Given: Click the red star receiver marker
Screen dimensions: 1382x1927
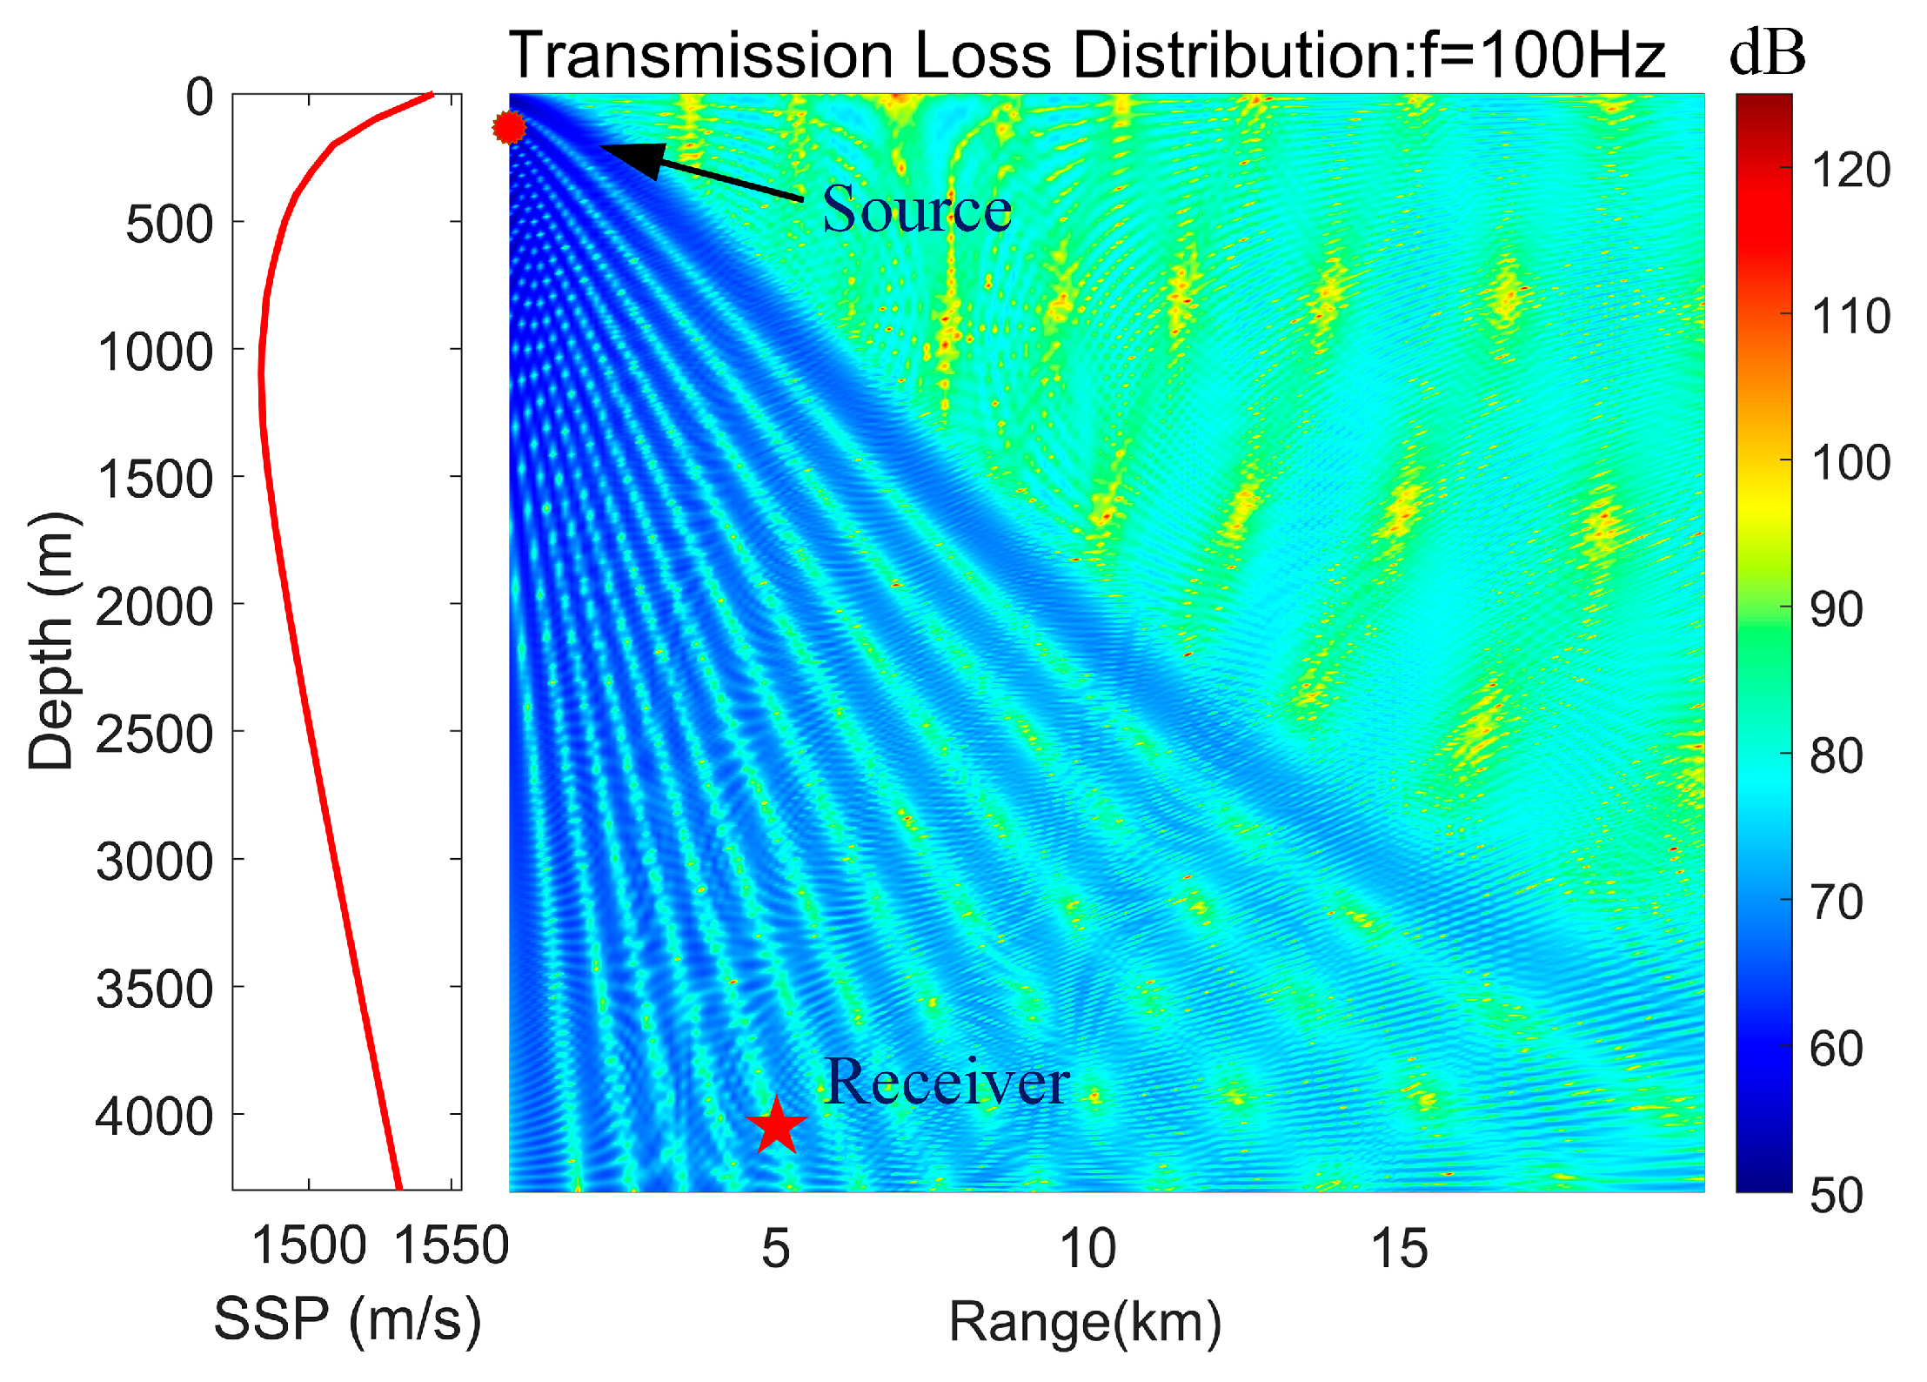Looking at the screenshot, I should pos(776,1125).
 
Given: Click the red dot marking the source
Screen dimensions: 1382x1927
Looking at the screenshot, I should pos(509,128).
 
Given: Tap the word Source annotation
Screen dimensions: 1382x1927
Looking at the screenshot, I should pos(917,210).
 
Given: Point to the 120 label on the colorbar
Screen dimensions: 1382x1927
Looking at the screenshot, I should pos(1850,170).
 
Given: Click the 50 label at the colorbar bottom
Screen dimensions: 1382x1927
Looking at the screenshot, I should pos(1836,1196).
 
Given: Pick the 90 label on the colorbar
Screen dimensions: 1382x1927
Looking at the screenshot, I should pos(1836,610).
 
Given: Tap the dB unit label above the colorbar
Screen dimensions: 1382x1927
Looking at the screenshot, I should pos(1767,53).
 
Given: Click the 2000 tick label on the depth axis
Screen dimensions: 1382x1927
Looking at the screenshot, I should pos(154,607).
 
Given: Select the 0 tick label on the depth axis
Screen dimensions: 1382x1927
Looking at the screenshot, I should pos(199,97).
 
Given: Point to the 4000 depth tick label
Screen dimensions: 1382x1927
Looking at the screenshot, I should pos(154,1117).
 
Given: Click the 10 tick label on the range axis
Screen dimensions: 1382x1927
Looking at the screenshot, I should pos(1087,1249).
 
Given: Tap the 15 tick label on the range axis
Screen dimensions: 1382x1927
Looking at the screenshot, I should pos(1399,1249).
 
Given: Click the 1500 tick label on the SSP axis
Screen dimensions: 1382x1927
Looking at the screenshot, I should pos(309,1245).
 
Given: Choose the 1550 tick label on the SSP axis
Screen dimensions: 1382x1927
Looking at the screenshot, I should pos(451,1245).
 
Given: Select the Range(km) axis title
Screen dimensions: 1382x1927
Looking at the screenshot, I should pos(1085,1322).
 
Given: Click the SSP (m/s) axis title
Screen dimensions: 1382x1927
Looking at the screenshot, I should pos(347,1319).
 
